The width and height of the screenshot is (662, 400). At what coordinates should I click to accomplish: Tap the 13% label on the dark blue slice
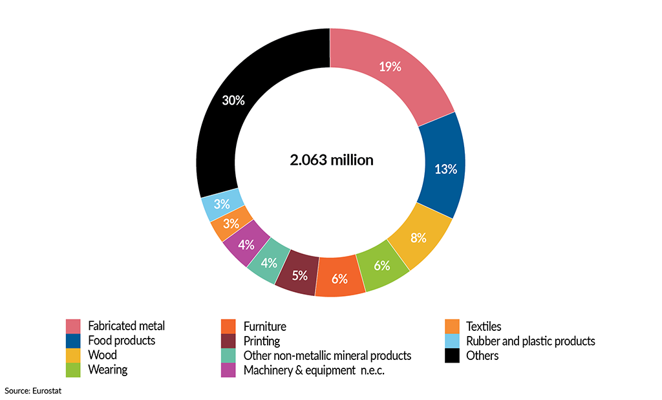pos(444,169)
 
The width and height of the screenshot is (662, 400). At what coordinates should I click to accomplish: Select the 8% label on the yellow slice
pos(418,237)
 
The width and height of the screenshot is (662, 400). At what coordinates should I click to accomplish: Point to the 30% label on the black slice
pos(233,100)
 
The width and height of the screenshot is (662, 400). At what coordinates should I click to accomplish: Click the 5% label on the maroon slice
pos(299,275)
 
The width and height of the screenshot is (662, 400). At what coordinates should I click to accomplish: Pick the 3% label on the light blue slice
pos(222,204)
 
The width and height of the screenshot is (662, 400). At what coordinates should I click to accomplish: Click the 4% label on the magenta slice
pos(246,245)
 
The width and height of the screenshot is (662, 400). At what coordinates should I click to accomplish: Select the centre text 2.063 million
pos(332,160)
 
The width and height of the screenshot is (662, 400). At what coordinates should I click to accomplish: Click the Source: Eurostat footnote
pos(33,390)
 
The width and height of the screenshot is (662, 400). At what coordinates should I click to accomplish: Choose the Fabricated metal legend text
pos(126,326)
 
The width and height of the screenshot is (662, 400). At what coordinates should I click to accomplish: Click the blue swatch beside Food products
pos(73,341)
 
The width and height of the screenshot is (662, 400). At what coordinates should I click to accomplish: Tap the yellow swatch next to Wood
pos(73,355)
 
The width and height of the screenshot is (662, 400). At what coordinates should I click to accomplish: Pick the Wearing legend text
pos(107,370)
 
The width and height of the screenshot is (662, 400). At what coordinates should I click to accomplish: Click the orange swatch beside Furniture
pos(228,326)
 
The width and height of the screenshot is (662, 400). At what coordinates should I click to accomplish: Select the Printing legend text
pos(261,341)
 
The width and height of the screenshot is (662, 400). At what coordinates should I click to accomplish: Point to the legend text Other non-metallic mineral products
pos(327,355)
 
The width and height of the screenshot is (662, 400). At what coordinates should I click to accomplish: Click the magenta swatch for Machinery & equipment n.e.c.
pos(228,370)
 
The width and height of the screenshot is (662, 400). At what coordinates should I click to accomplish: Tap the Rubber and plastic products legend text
pos(530,341)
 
